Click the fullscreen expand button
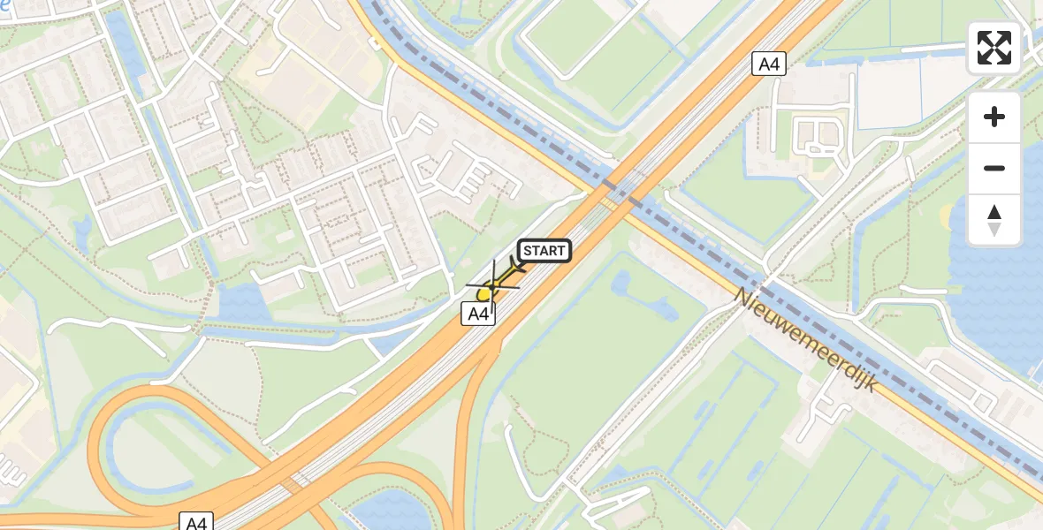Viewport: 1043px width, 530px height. (994, 48)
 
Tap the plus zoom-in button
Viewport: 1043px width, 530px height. (994, 117)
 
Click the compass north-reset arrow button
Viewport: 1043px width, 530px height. (994, 220)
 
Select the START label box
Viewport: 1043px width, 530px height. (544, 251)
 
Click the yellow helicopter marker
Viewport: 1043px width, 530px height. (486, 292)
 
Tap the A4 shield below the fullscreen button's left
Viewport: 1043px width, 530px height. (769, 64)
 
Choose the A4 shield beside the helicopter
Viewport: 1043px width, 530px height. (478, 314)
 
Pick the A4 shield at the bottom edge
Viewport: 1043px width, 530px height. (196, 521)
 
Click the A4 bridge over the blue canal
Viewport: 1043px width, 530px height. (619, 191)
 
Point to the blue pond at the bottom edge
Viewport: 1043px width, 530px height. (389, 512)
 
